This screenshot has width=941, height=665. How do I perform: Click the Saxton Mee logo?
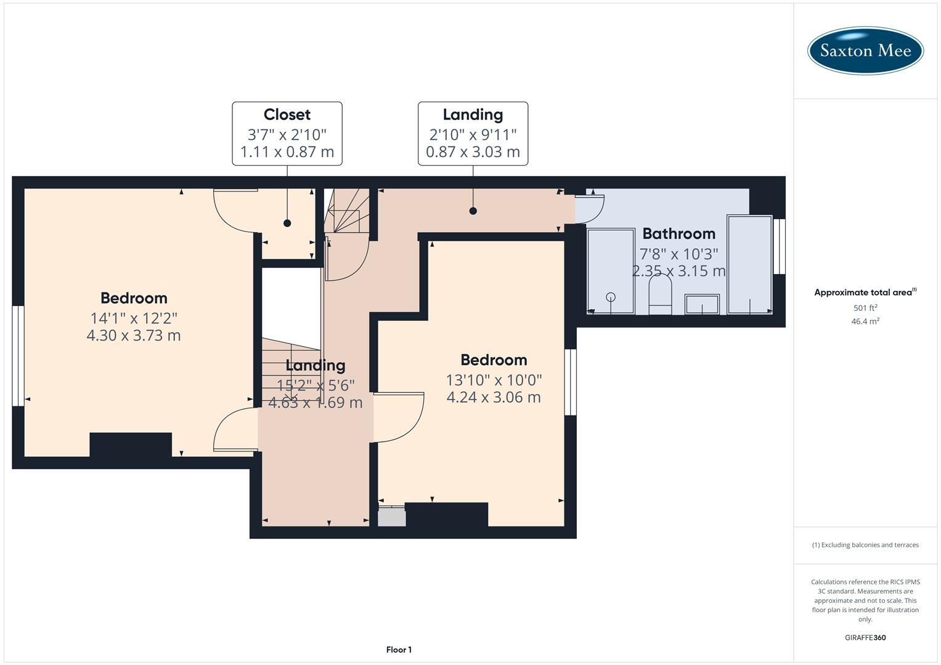tap(865, 50)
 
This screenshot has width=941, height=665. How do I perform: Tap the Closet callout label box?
tap(287, 134)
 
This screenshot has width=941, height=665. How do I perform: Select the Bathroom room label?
tap(678, 234)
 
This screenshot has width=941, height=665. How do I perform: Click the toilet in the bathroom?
tap(660, 294)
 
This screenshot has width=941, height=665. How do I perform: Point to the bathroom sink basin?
tap(702, 304)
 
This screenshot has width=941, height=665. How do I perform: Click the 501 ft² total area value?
tap(865, 308)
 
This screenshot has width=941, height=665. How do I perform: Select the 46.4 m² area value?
tap(865, 321)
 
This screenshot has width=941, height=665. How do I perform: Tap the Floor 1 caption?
tap(399, 650)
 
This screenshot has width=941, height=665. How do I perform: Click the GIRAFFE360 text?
tap(865, 638)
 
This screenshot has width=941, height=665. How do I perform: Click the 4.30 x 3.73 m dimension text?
tap(134, 336)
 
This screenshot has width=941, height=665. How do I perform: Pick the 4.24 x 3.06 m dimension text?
tap(493, 398)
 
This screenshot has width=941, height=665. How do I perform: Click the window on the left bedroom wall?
tap(18, 356)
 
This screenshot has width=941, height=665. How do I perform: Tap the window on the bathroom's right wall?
tap(780, 246)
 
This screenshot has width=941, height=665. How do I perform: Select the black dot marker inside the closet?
tap(287, 224)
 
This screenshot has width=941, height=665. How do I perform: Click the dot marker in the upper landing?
tap(473, 211)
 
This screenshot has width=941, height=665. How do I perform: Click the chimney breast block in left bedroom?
tap(131, 445)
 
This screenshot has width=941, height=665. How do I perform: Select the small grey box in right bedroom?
tap(391, 516)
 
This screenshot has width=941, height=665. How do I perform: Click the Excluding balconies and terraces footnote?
tap(865, 545)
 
